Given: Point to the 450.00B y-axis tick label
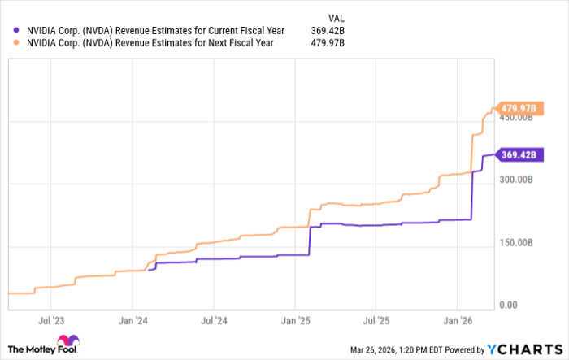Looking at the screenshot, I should pos(515,118).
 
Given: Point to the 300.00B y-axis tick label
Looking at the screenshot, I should pos(515,180).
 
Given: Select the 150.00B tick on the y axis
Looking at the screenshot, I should pos(515,242).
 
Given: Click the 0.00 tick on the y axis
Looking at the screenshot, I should pos(508,305).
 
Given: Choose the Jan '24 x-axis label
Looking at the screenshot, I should pos(132,320).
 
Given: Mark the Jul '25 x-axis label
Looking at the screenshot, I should pos(377,320).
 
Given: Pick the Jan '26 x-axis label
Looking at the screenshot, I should pos(460,320).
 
